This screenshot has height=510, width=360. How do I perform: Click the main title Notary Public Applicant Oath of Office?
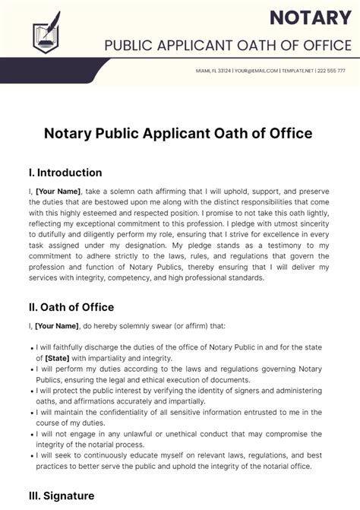click(x=179, y=134)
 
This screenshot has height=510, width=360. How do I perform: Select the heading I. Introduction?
click(x=65, y=173)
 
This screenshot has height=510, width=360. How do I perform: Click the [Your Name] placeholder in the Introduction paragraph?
click(x=57, y=193)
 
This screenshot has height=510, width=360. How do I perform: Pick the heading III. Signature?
click(x=62, y=496)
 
